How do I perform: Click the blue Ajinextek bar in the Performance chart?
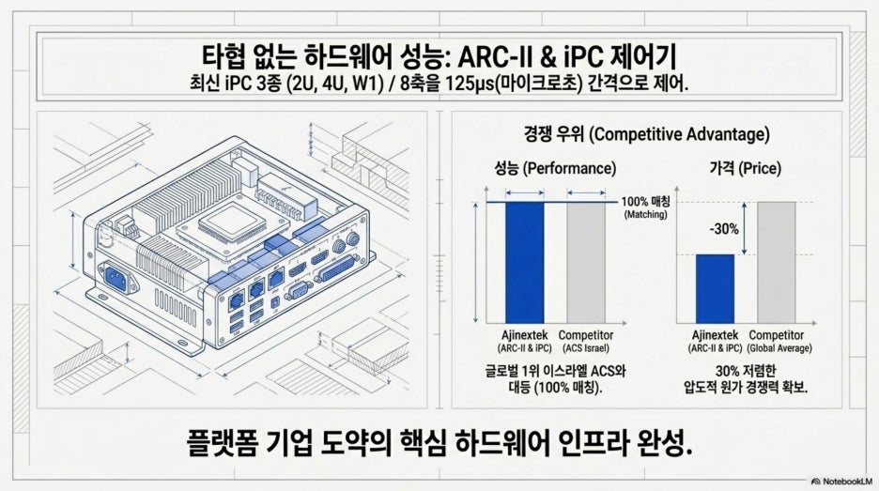525,262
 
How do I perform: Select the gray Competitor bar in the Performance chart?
586,262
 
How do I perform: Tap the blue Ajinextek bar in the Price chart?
715,288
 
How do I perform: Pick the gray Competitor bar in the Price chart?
777,262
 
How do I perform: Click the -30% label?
724,229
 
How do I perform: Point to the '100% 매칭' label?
645,202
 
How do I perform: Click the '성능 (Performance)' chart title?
554,168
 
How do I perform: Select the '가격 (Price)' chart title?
745,168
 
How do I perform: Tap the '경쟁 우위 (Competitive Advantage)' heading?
646,134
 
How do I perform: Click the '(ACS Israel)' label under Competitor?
586,348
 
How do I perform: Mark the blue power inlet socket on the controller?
116,278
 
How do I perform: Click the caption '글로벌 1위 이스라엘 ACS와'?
555,371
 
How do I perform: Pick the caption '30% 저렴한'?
746,371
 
